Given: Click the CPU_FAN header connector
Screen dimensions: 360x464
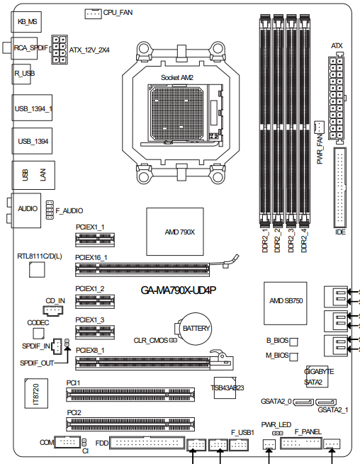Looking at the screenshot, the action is pyautogui.click(x=94, y=13).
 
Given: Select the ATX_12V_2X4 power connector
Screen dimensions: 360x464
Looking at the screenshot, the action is pyautogui.click(x=59, y=50).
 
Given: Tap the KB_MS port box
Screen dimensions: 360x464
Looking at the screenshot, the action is pyautogui.click(x=26, y=22).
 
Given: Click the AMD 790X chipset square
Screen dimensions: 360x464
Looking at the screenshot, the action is pyautogui.click(x=175, y=232).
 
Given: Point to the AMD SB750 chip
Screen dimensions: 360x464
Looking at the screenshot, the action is pyautogui.click(x=286, y=303).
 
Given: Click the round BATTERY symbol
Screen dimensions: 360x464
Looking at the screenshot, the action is pyautogui.click(x=196, y=329).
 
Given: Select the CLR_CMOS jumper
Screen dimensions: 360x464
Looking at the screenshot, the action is pyautogui.click(x=173, y=340).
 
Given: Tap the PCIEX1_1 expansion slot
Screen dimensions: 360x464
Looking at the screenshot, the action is pyautogui.click(x=95, y=239).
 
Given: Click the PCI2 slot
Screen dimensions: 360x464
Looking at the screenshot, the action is pyautogui.click(x=130, y=424).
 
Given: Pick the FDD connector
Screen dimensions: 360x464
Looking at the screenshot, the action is pyautogui.click(x=147, y=443).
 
